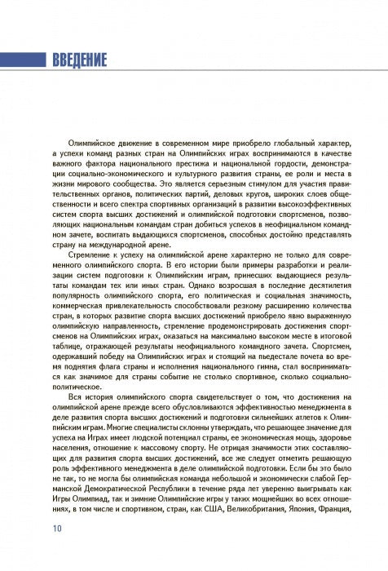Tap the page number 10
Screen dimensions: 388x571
pos(56,528)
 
